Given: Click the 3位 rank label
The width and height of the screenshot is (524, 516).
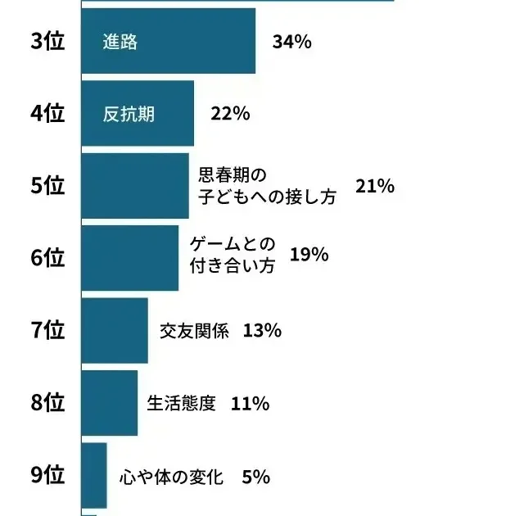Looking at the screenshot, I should [47, 43].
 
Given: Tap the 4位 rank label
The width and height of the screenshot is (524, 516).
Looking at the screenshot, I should [47, 115].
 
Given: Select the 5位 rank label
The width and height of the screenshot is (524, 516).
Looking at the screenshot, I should [47, 187].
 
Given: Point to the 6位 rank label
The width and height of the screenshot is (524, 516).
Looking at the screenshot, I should [47, 258].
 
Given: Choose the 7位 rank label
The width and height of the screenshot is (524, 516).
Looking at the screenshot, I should [47, 331].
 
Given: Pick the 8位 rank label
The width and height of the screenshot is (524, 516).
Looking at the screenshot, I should [47, 403].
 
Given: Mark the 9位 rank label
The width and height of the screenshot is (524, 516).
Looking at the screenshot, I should [47, 475].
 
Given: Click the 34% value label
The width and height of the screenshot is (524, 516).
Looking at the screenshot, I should [292, 43].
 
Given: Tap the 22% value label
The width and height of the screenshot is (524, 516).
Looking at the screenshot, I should [230, 115].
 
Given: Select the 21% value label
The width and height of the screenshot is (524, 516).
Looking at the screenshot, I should [375, 187].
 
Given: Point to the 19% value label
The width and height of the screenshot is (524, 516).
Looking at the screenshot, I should [309, 256].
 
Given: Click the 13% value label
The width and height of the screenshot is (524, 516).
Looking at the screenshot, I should [263, 331].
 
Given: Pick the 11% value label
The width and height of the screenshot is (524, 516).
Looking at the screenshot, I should [251, 403].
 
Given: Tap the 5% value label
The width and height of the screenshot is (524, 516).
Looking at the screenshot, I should [256, 476].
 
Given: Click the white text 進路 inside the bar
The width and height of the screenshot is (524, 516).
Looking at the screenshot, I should [120, 43].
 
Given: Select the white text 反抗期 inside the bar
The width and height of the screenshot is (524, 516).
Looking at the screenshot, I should [129, 115].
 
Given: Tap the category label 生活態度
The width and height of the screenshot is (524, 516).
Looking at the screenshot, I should [181, 403].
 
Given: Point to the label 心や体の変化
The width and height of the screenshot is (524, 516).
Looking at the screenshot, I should [170, 476].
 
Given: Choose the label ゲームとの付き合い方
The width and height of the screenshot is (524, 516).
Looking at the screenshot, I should [233, 256].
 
